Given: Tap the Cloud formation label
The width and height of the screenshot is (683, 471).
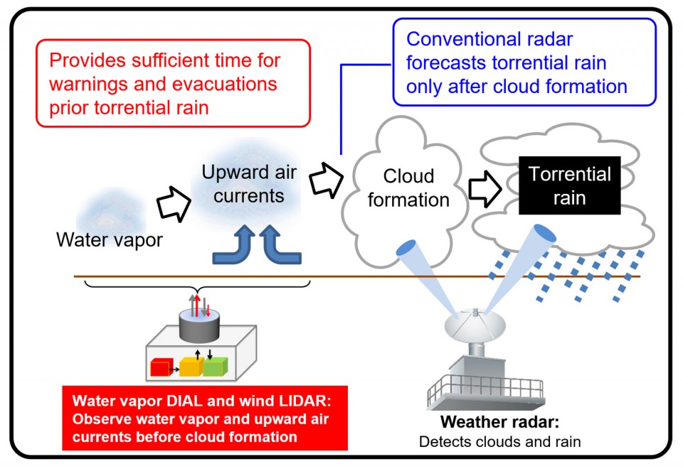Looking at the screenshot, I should (408, 188).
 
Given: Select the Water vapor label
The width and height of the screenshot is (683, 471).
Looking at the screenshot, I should (110, 240).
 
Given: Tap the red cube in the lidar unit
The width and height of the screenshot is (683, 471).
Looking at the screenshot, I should (162, 367).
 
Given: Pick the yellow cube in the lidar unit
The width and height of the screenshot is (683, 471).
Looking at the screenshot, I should (190, 367).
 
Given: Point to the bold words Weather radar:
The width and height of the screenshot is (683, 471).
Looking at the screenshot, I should (499, 423).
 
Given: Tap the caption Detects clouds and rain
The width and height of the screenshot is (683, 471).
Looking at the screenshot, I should (499, 442).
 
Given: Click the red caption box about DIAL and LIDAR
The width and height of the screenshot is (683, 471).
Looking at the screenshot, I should (205, 418).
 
